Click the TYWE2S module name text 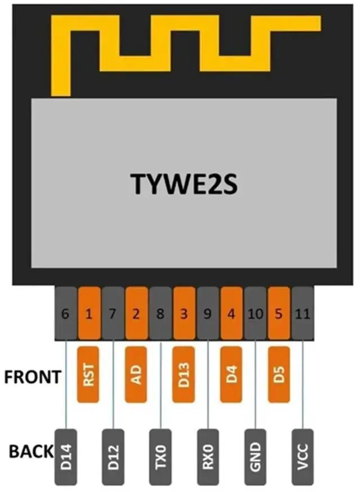tap(184, 184)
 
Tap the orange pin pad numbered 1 tap(89, 313)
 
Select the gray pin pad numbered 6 tap(66, 313)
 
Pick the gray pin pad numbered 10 tap(255, 313)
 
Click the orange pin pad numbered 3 tap(184, 313)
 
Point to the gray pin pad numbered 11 tap(303, 313)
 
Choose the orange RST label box tap(88, 375)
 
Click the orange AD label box tap(136, 375)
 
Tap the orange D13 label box tap(183, 375)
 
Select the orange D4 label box tap(231, 375)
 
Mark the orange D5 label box tap(279, 375)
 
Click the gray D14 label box tap(66, 457)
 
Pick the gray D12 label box tap(113, 457)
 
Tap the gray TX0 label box tap(160, 457)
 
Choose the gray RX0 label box tap(208, 457)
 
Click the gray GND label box tap(255, 457)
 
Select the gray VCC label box tap(303, 457)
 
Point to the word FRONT tap(33, 377)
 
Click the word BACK tap(31, 451)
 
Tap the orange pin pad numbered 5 tap(279, 313)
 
